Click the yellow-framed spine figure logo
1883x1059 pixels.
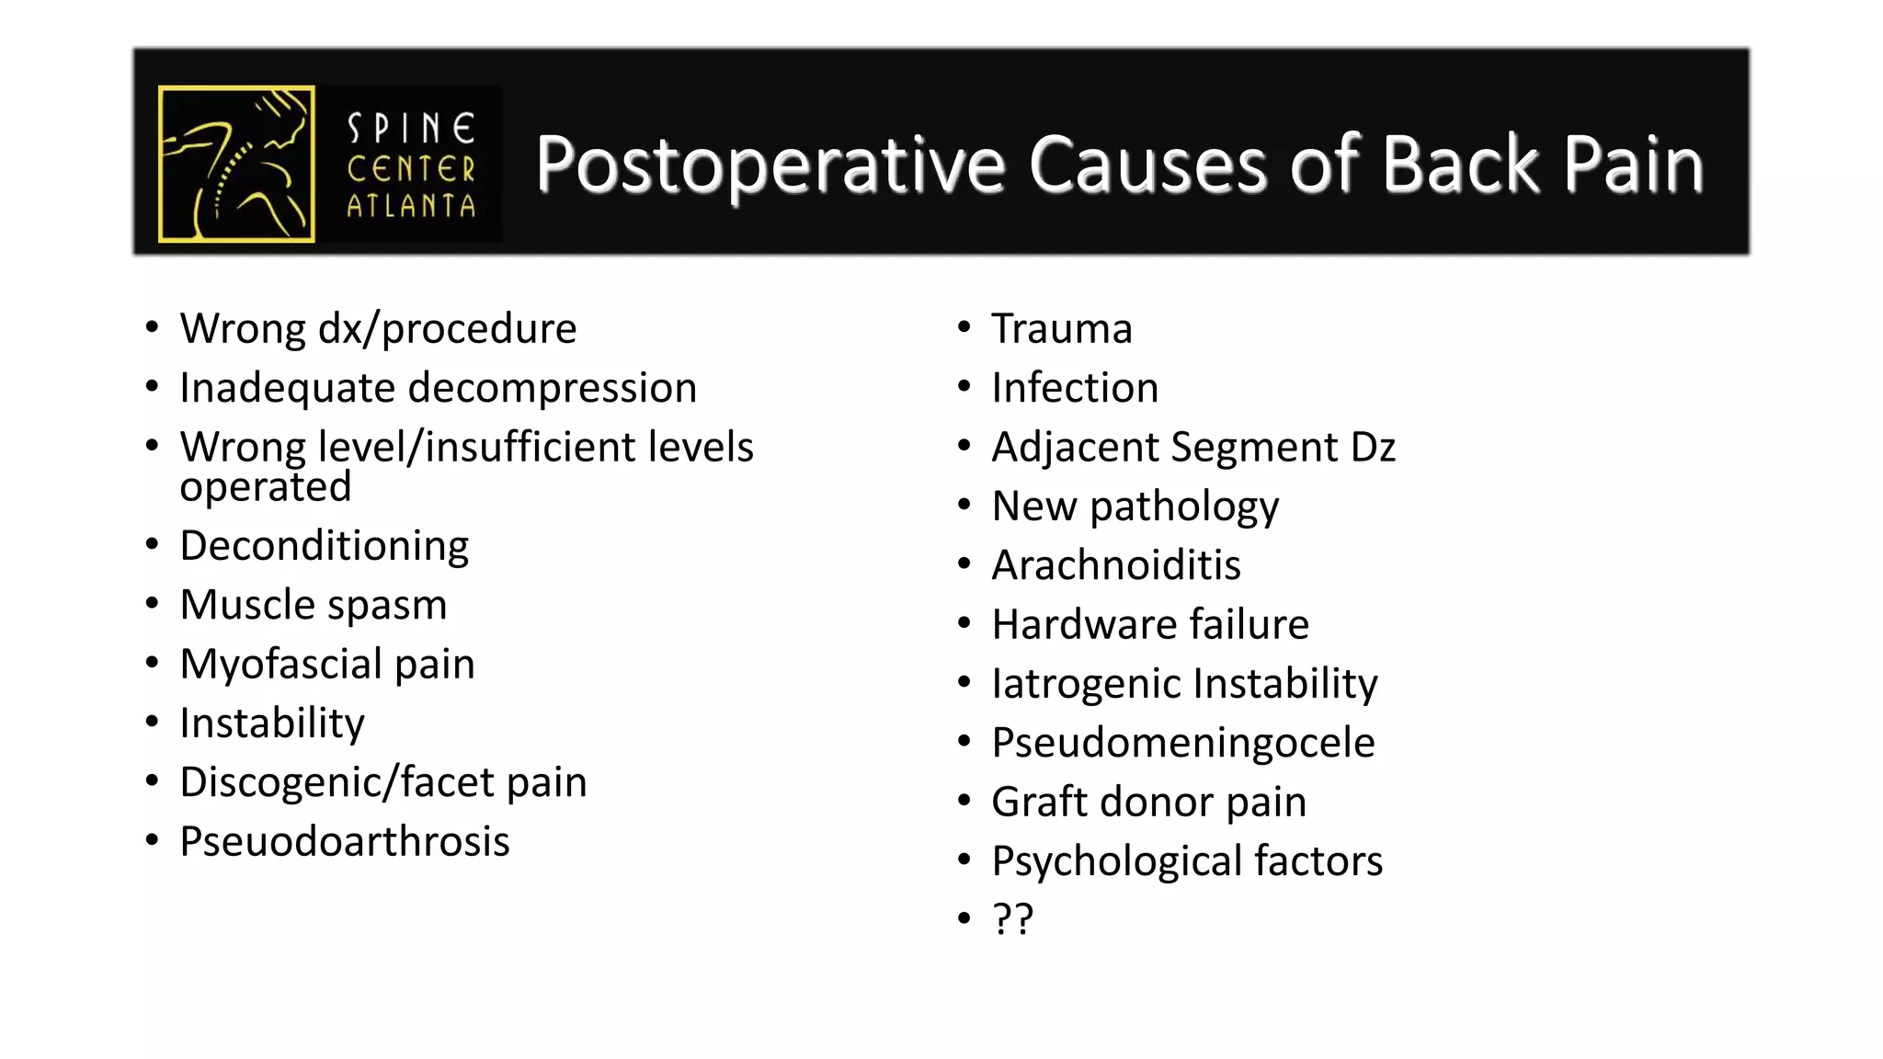click(236, 164)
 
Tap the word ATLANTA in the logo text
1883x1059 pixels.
click(411, 206)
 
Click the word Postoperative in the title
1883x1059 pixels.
click(770, 165)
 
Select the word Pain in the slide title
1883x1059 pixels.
click(1634, 165)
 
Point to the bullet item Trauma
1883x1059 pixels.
click(1062, 329)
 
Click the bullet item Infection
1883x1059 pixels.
click(1075, 388)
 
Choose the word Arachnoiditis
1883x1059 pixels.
click(1116, 565)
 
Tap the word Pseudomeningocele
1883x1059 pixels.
click(1183, 743)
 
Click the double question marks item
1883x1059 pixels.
click(1012, 918)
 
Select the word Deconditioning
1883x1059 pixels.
click(325, 546)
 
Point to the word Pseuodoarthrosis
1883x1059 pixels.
click(345, 842)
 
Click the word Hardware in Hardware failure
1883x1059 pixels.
click(1084, 625)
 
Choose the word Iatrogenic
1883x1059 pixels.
click(1085, 684)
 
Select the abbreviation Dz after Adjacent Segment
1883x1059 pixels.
click(1374, 448)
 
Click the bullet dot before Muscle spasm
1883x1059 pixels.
click(153, 604)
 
